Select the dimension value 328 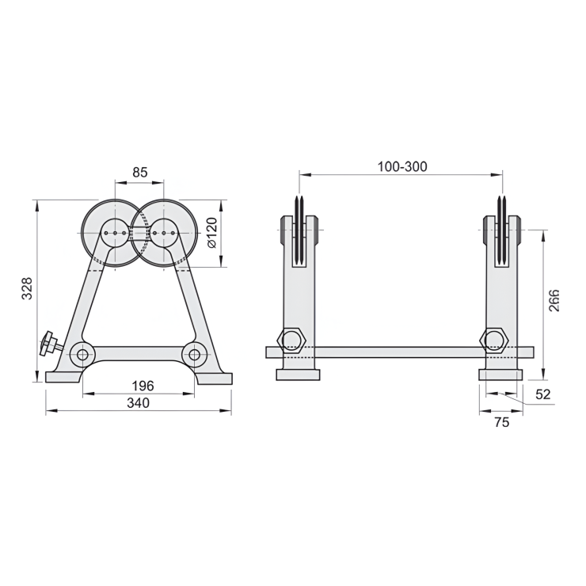coord(27,290)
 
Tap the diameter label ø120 coord(211,234)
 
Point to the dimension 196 coord(143,386)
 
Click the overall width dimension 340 coord(139,403)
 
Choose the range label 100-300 coord(401,166)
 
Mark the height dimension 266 coord(554,301)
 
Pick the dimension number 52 coord(543,394)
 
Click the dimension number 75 coord(502,422)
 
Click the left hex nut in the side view coord(291,340)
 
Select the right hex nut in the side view coord(496,340)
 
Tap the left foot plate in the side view coord(298,374)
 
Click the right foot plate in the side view coord(500,374)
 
